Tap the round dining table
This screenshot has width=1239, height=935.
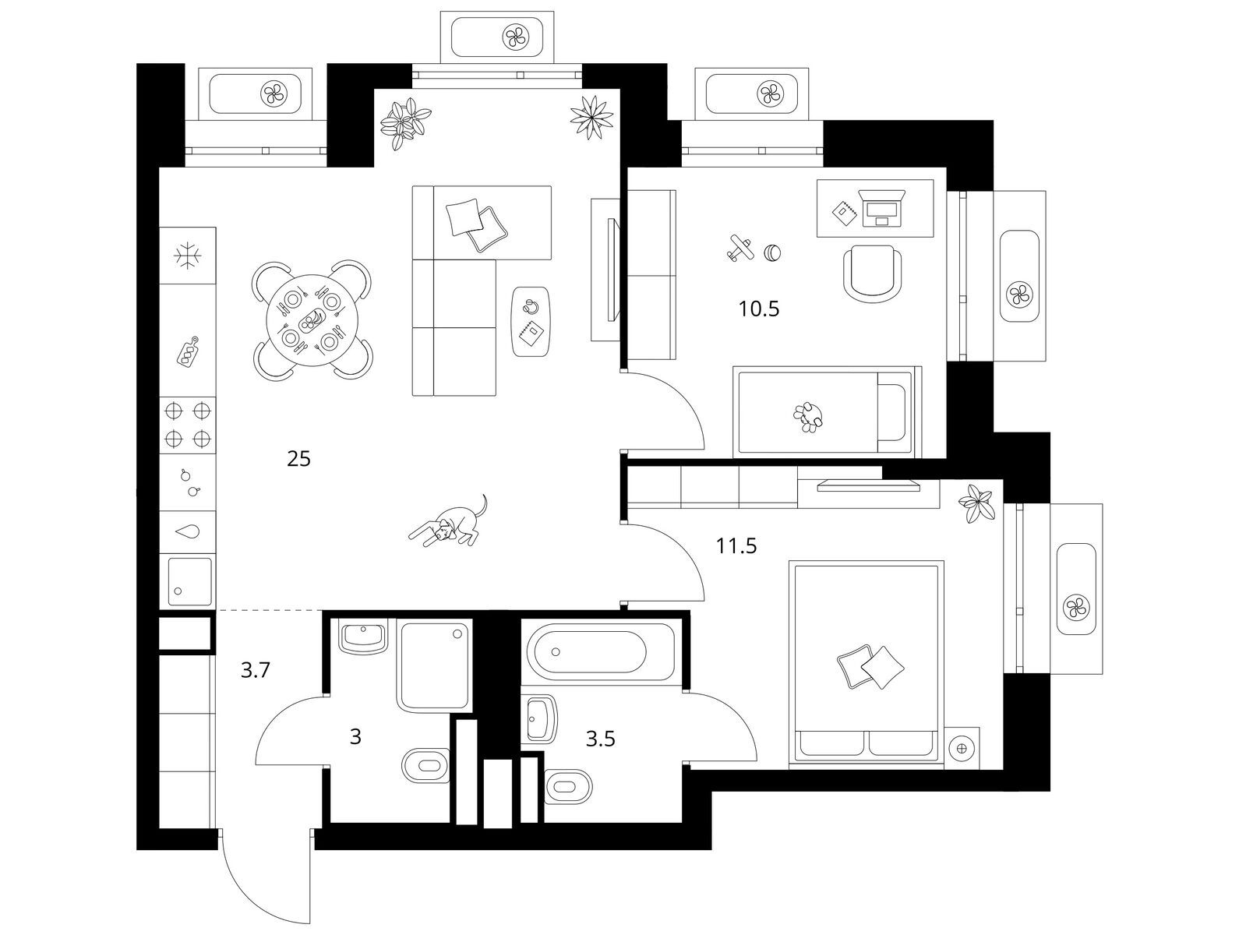point(312,320)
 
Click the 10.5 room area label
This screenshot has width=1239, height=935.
point(759,309)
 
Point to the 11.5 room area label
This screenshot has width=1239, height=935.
point(736,545)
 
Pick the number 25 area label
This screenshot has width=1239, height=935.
point(298,459)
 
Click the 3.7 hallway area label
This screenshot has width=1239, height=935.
point(255,670)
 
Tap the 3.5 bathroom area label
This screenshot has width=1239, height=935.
point(600,739)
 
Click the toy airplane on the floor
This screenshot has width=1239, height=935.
point(740,248)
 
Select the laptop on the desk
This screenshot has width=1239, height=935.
point(881,209)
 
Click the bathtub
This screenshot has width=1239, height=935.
point(601,651)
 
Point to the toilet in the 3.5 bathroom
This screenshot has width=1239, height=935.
point(568,785)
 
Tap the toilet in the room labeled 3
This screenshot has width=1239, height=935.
point(425,766)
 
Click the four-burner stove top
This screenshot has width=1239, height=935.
point(187,425)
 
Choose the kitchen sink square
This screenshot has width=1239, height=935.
point(187,582)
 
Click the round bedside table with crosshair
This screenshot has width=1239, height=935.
point(963,748)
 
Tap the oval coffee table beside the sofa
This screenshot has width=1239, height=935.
point(531,321)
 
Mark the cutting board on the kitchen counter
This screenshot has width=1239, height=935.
point(188,351)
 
